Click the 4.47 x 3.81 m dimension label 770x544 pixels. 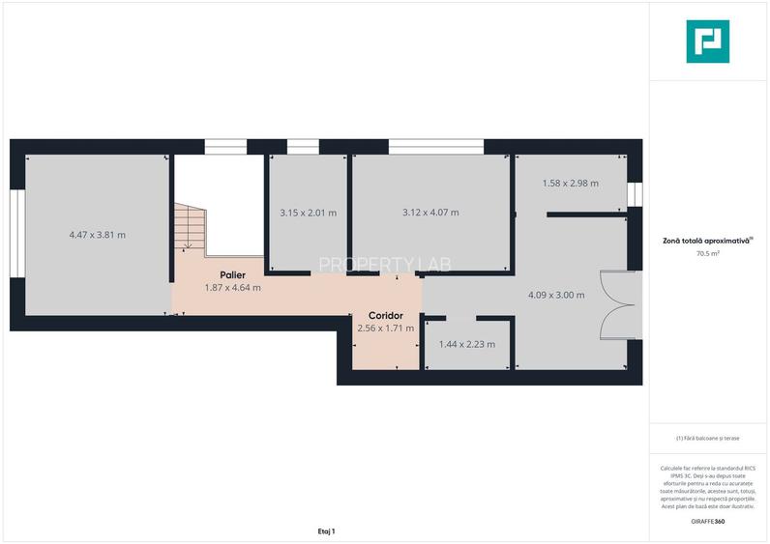[x=98, y=235]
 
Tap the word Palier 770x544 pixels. [x=232, y=274]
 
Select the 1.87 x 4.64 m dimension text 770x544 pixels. [x=232, y=287]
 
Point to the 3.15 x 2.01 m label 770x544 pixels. [x=308, y=213]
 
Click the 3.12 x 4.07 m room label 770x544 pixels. [x=430, y=213]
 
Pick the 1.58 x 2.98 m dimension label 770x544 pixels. [x=570, y=183]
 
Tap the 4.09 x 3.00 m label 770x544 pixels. [x=556, y=295]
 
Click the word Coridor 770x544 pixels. [x=385, y=316]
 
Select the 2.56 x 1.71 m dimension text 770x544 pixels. [x=385, y=329]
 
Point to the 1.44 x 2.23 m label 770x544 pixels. [x=467, y=344]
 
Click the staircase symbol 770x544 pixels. [x=192, y=228]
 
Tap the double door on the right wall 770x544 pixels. [x=620, y=304]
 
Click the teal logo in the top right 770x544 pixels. [x=707, y=42]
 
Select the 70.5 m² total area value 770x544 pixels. [x=707, y=254]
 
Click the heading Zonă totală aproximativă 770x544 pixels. [x=707, y=241]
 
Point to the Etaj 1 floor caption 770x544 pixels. [x=325, y=531]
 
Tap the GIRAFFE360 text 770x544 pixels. [x=707, y=522]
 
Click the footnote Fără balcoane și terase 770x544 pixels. [x=707, y=438]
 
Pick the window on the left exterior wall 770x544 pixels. [x=16, y=233]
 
